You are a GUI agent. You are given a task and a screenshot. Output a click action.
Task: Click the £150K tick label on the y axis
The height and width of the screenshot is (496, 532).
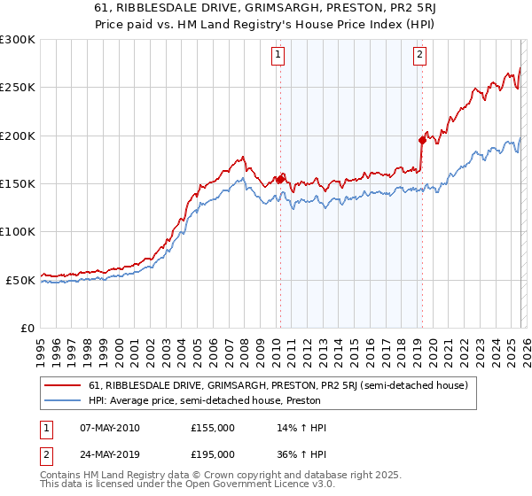[17, 183]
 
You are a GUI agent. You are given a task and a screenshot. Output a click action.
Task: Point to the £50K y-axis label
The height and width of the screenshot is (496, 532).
[20, 280]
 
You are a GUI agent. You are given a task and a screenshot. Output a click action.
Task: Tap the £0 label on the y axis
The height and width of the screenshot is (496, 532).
[27, 328]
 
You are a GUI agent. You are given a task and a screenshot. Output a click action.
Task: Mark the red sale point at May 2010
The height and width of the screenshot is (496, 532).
[280, 179]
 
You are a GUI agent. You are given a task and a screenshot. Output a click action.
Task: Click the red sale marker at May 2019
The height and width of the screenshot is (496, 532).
[421, 140]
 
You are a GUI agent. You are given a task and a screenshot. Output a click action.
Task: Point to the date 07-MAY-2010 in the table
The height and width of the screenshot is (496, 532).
[110, 428]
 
